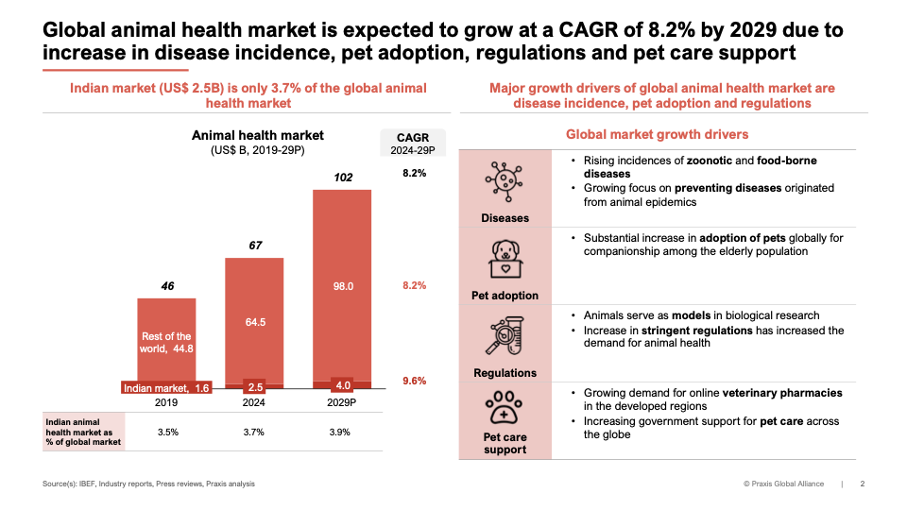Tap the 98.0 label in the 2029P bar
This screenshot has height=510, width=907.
(342, 286)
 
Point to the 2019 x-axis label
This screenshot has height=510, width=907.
(166, 401)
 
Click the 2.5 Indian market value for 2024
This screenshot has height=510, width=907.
(254, 387)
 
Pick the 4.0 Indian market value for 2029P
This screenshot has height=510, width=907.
(342, 385)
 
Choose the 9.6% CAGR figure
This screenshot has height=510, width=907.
(414, 382)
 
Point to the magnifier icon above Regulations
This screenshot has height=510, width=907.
(505, 335)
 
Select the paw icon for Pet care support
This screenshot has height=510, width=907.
(505, 406)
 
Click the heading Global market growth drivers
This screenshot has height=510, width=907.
(657, 135)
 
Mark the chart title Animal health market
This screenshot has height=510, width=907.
(258, 136)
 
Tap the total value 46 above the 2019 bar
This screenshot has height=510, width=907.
(166, 284)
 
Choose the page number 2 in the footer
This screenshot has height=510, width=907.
(862, 484)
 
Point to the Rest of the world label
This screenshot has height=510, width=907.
(166, 343)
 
